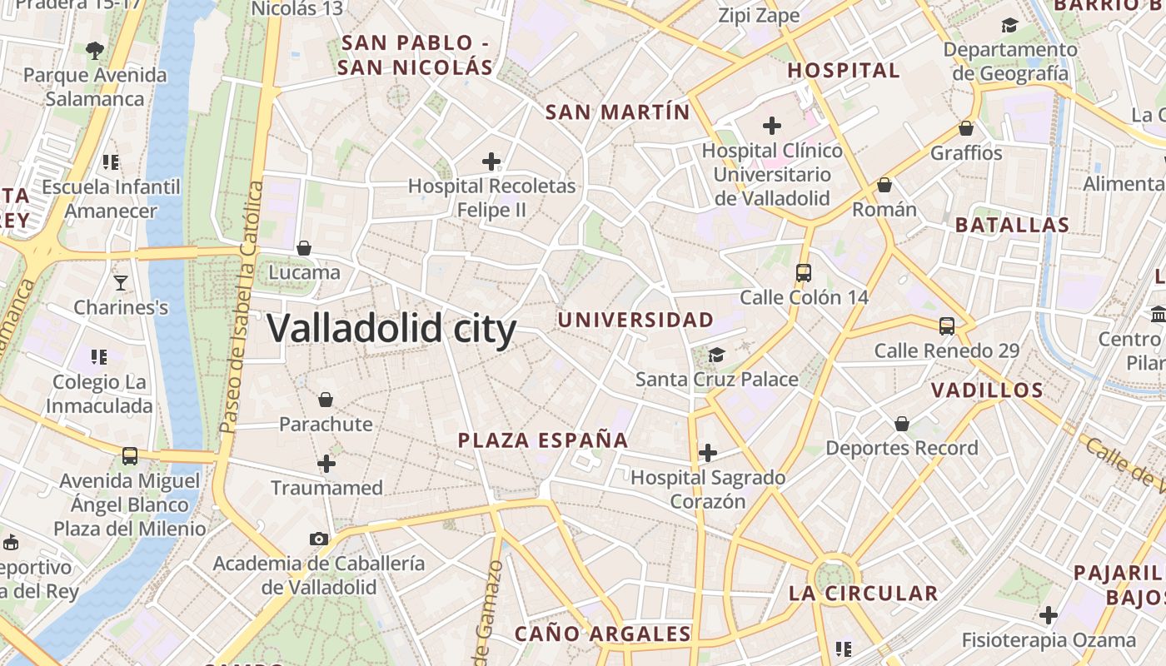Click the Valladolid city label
point(391,329)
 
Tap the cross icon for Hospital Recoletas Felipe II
point(491,161)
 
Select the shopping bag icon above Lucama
point(304,248)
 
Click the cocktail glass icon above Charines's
point(121,283)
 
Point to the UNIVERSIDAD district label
point(635,320)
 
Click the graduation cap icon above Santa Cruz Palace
point(716,355)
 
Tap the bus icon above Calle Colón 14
point(804,273)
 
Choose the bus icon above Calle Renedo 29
point(947,326)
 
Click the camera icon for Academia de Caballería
point(318,539)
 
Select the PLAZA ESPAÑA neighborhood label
point(543,440)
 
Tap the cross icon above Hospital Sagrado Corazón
point(708,453)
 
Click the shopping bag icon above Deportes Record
point(901,425)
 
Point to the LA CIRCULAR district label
point(863,594)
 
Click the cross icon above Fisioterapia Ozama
point(1049,616)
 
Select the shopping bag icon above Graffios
point(966,128)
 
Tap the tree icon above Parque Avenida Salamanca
point(95,50)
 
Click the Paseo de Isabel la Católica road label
point(241,308)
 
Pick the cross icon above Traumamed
point(326,464)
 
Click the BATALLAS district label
point(1012,225)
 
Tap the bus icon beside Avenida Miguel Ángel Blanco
point(130,456)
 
